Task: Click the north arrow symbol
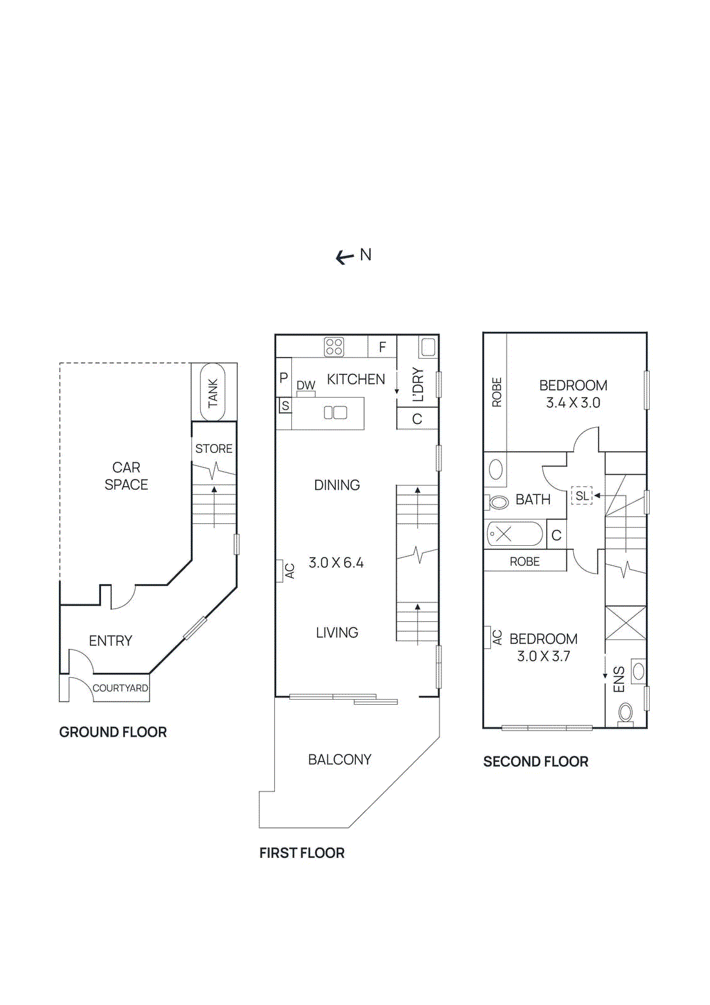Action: (x=345, y=257)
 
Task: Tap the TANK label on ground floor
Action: (x=213, y=392)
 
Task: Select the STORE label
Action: (x=213, y=448)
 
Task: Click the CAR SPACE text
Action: (x=126, y=476)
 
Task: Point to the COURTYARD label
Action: (x=120, y=688)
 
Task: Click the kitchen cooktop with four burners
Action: (x=334, y=347)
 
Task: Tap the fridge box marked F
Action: (x=382, y=347)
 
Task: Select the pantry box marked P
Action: (x=284, y=378)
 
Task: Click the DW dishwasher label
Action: (x=306, y=385)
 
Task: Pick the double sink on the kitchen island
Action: (x=335, y=413)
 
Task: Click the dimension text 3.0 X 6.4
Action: (x=336, y=563)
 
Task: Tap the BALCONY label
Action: (x=340, y=759)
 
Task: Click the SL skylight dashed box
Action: (x=582, y=496)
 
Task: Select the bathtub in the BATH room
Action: (x=515, y=535)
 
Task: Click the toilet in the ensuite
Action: (x=625, y=713)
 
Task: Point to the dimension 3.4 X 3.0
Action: (x=573, y=403)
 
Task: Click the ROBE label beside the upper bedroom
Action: (x=497, y=392)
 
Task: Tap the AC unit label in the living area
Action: (x=289, y=571)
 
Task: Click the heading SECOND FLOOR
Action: (x=535, y=761)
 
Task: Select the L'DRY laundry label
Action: (x=418, y=384)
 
